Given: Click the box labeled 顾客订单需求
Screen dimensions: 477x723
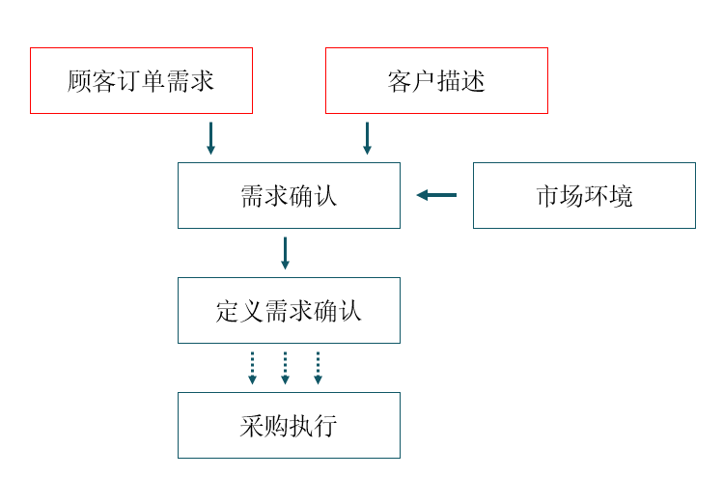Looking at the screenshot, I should pos(141,80).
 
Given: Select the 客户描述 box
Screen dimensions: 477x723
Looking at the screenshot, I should pos(436,80).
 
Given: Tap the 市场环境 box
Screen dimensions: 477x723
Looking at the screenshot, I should pos(584,195).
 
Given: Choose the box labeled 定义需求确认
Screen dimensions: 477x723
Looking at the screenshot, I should pos(289,310).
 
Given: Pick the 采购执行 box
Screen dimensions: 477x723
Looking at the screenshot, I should pos(289,425).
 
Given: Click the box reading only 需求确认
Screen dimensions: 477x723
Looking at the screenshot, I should pos(289,195).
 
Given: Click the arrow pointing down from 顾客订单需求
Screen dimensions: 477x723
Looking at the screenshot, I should pos(210,138).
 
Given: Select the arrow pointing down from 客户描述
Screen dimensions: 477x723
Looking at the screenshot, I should pos(367,138).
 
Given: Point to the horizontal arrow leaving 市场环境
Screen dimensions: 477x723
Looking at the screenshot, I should pos(436,195).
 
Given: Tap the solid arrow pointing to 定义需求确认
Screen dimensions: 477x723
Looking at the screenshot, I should pos(285,253).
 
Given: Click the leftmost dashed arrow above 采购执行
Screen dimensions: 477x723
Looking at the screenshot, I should pos(252,368).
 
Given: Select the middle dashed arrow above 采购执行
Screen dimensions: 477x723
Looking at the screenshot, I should pos(285,368).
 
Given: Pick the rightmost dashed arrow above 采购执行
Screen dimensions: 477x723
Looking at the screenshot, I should pos(318,368).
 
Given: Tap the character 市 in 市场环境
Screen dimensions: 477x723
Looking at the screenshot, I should pos(547,196).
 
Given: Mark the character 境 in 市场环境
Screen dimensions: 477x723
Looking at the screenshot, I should pos(621,196).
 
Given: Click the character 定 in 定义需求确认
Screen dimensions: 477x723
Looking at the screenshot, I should pos(228,311).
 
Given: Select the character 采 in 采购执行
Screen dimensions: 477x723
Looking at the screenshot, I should pos(252,426).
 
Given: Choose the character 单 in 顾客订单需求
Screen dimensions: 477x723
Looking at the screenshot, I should pos(153,81).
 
